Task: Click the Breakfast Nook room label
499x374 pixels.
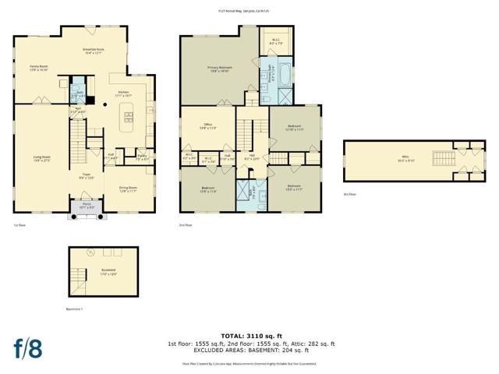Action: point(94,51)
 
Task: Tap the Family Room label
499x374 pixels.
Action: point(39,68)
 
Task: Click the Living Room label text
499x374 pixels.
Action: point(41,158)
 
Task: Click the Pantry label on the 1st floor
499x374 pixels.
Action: point(142,158)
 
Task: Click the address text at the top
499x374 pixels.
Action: point(249,11)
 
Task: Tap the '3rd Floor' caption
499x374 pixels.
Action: point(350,194)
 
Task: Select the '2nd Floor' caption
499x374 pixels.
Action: point(186,224)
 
